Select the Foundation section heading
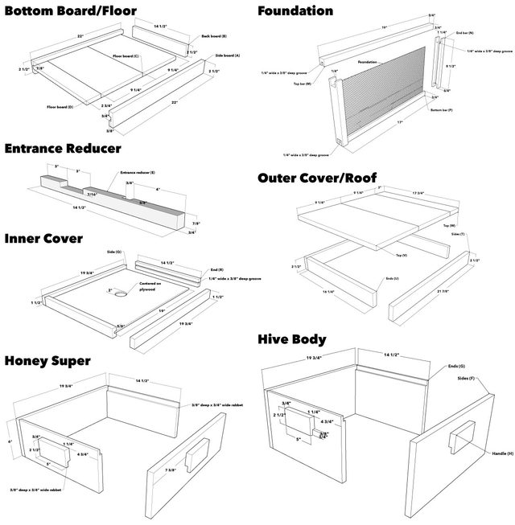[295, 10]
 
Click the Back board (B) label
[213, 37]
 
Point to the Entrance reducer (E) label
[138, 172]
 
